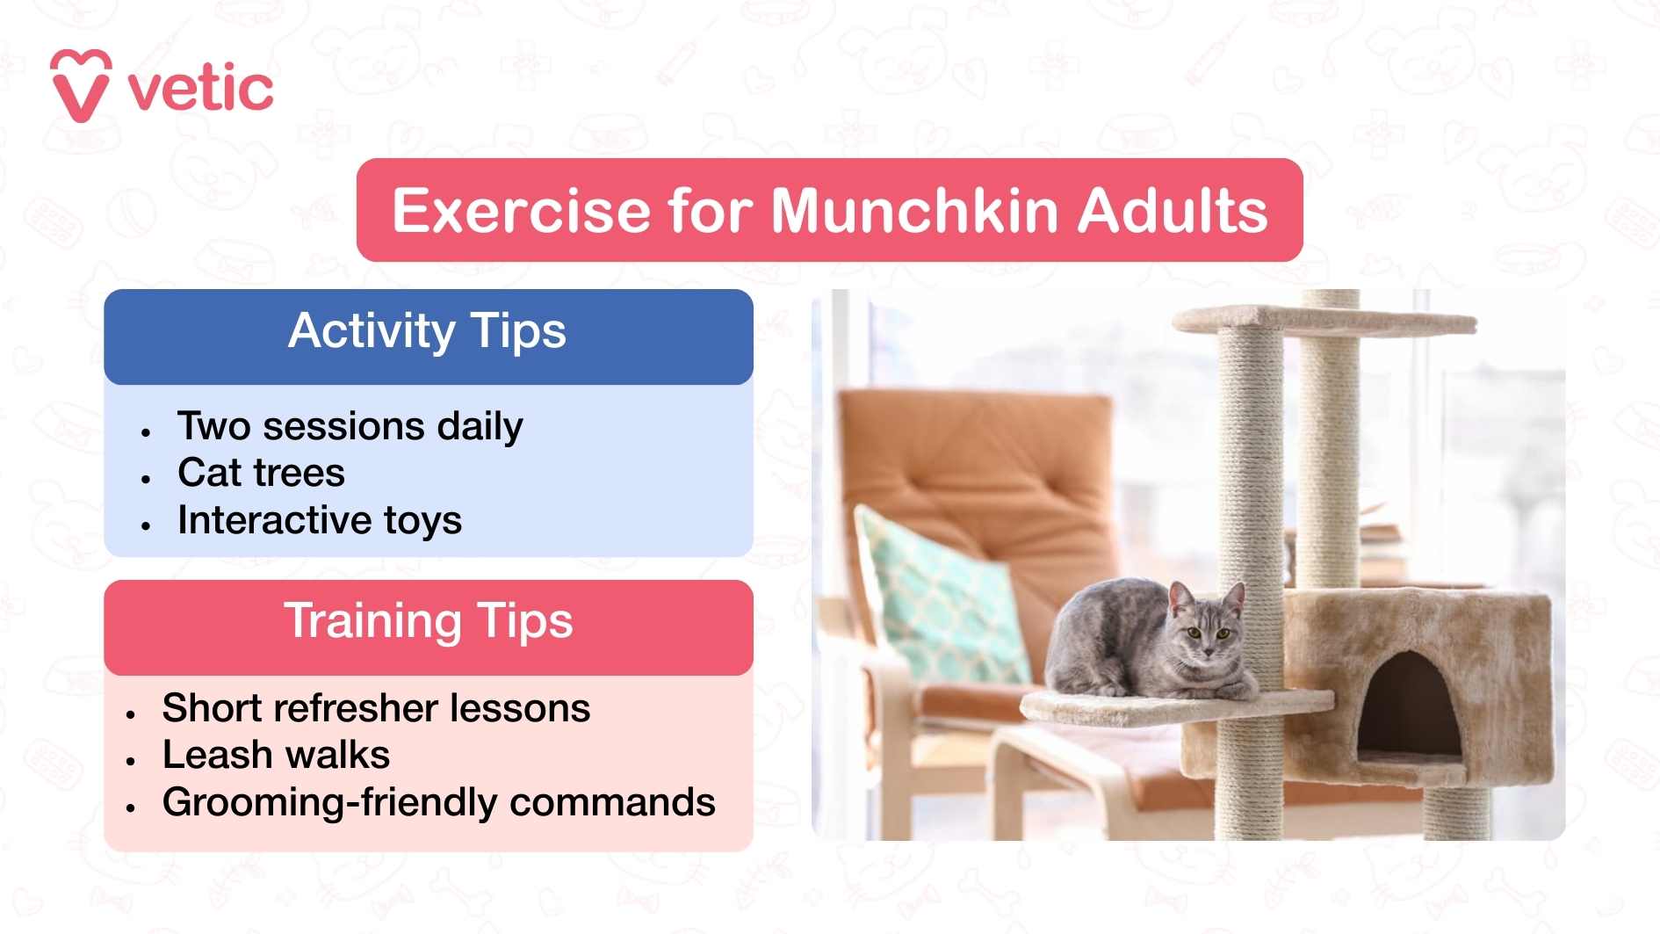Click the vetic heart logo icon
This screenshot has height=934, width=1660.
pyautogui.click(x=80, y=85)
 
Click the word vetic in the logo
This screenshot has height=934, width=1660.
pyautogui.click(x=201, y=89)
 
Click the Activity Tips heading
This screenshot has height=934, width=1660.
pyautogui.click(x=428, y=332)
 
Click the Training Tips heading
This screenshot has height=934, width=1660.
pyautogui.click(x=428, y=621)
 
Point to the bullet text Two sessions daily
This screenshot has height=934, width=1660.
pyautogui.click(x=350, y=427)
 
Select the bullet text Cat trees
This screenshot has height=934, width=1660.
pyautogui.click(x=261, y=473)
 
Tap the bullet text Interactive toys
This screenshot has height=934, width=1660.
pyautogui.click(x=320, y=520)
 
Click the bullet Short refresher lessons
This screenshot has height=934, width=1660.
pyautogui.click(x=376, y=708)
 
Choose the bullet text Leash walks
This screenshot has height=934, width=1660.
pyautogui.click(x=276, y=755)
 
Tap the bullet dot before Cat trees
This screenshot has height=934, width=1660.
pyautogui.click(x=146, y=479)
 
